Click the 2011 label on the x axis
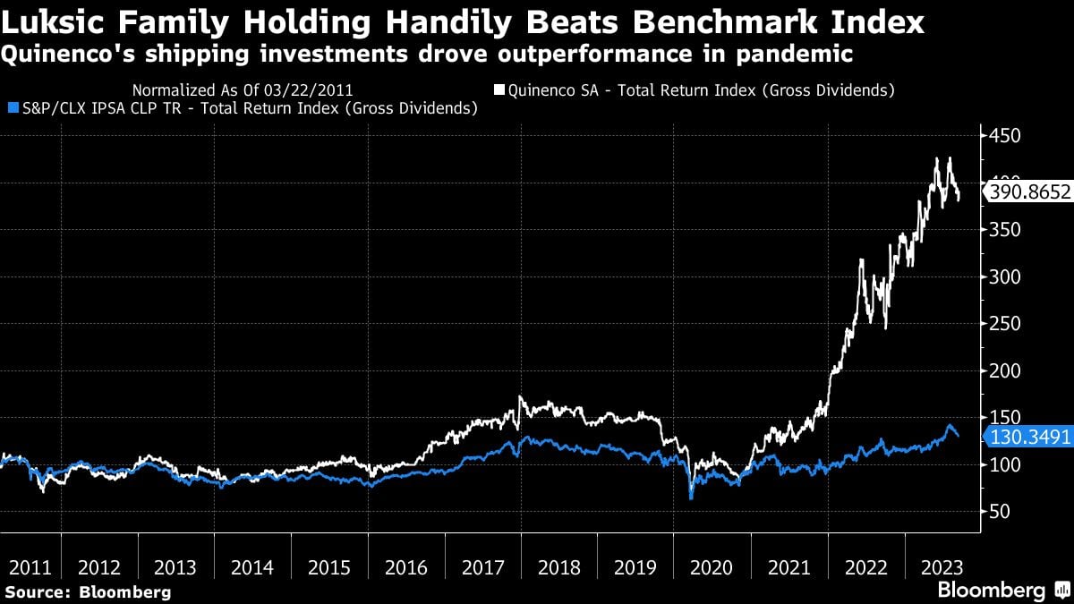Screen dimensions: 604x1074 click(x=30, y=567)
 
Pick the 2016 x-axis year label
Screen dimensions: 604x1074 click(x=406, y=567)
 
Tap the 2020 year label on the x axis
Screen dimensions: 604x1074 click(x=712, y=567)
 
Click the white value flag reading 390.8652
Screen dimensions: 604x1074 click(x=1027, y=191)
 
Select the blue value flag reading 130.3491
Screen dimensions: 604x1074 click(x=1027, y=436)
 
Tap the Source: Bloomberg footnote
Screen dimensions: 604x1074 click(x=87, y=591)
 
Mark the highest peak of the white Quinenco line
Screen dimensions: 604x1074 click(x=936, y=158)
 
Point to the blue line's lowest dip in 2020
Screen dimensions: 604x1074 click(x=691, y=498)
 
